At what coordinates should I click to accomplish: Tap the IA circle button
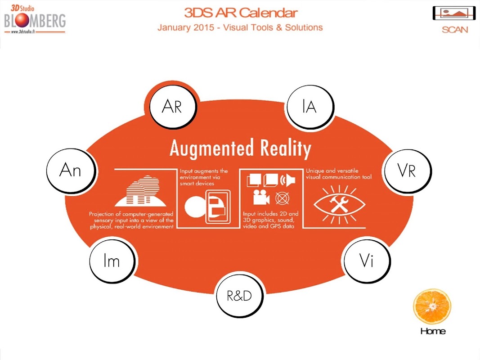pyautogui.click(x=310, y=107)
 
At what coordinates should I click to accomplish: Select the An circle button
pyautogui.click(x=71, y=171)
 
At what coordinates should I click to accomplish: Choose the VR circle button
pyautogui.click(x=407, y=171)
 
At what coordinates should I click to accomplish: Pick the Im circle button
pyautogui.click(x=112, y=261)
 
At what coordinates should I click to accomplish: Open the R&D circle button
pyautogui.click(x=239, y=296)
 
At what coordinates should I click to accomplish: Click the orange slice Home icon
pyautogui.click(x=432, y=306)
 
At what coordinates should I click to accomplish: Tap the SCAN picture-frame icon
pyautogui.click(x=454, y=13)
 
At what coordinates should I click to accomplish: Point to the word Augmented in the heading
pyautogui.click(x=212, y=148)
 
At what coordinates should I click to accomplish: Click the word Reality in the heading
pyautogui.click(x=286, y=148)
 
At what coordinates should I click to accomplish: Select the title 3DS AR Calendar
pyautogui.click(x=241, y=13)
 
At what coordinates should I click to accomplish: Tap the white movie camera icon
pyautogui.click(x=261, y=198)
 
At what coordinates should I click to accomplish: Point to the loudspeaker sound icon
pyautogui.click(x=288, y=180)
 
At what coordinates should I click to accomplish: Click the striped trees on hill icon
pyautogui.click(x=141, y=190)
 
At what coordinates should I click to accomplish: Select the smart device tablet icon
pyautogui.click(x=218, y=207)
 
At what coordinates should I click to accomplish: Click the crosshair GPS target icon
pyautogui.click(x=282, y=198)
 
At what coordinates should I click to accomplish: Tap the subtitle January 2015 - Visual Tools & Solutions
pyautogui.click(x=240, y=27)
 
